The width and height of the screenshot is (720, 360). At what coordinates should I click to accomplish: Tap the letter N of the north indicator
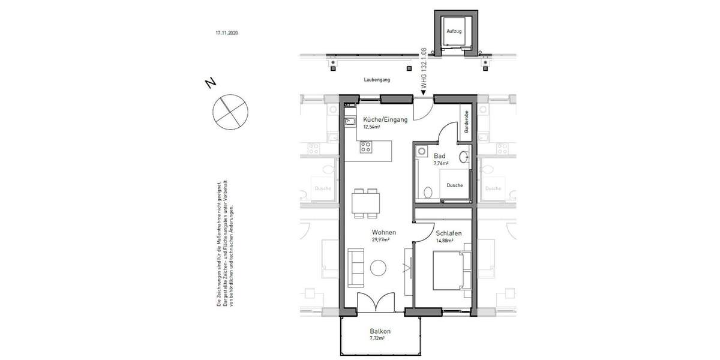(211, 83)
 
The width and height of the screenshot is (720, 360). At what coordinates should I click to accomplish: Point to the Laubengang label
(377, 79)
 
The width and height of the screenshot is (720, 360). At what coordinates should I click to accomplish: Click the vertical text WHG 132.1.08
(424, 69)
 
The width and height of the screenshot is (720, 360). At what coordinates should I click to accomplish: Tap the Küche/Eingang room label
(385, 119)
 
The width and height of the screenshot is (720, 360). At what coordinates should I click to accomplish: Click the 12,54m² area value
(372, 127)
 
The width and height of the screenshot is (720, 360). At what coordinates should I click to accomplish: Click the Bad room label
(439, 155)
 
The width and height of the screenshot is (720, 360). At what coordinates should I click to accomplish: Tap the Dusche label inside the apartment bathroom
(454, 185)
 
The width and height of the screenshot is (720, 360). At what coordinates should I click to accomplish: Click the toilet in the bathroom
(428, 193)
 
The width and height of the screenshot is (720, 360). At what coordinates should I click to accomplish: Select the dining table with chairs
(365, 202)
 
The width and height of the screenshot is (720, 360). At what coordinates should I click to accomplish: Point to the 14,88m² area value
(444, 239)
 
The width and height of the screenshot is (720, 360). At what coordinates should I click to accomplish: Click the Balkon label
(380, 331)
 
